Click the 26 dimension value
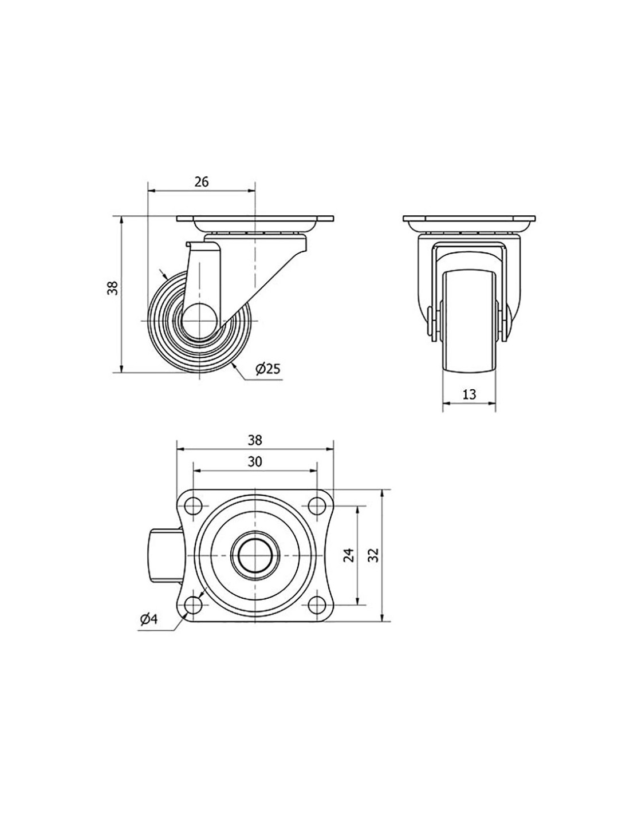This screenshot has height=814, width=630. tap(202, 181)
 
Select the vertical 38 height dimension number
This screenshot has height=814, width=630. tap(113, 288)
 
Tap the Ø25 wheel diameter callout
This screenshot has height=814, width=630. tap(267, 369)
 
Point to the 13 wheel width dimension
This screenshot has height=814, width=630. tap(469, 394)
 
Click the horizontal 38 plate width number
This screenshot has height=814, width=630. tap(255, 440)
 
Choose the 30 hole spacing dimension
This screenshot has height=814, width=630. tap(255, 462)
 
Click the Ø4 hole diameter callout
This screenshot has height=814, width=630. tap(149, 619)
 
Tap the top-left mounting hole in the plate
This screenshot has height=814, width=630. tap(193, 507)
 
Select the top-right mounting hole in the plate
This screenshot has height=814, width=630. tap(317, 507)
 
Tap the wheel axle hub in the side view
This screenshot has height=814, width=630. tap(200, 321)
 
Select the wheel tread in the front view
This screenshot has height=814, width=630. tap(469, 322)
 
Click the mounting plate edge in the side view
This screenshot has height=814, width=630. tap(255, 219)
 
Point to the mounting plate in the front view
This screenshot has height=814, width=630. tap(469, 219)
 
